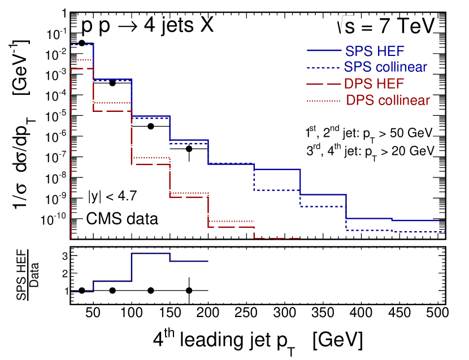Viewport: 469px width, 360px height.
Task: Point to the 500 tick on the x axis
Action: [x=438, y=314]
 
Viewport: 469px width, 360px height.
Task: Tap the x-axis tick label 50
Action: [x=93, y=314]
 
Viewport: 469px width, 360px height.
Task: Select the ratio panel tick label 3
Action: [x=64, y=256]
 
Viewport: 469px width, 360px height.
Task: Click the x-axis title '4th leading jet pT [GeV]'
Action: [x=257, y=340]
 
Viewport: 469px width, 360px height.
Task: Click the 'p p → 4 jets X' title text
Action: [x=147, y=26]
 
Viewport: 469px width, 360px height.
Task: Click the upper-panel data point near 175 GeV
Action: [x=189, y=149]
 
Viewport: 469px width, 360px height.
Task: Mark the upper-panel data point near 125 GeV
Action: [x=150, y=126]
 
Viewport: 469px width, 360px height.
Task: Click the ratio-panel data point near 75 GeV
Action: [x=112, y=290]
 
